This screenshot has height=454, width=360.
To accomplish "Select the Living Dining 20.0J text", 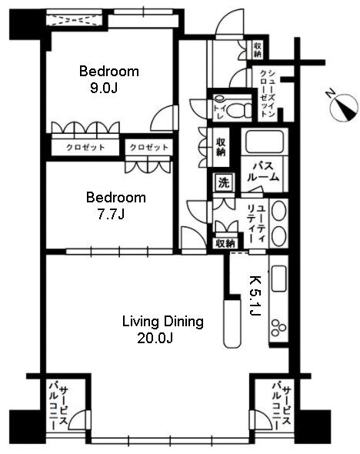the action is (163, 329).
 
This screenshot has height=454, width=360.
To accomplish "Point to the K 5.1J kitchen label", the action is (255, 295).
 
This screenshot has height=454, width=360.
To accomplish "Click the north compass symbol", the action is (344, 108).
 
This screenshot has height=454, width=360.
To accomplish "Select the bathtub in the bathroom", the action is (264, 142).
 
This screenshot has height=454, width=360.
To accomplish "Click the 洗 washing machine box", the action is (223, 182).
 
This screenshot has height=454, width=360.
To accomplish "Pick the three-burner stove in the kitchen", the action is (279, 328).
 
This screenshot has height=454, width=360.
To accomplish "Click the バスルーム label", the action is (263, 172).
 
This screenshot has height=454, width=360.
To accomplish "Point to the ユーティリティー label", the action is (256, 224).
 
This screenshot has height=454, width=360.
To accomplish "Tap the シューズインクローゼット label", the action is (267, 93).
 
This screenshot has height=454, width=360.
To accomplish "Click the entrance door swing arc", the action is (230, 22).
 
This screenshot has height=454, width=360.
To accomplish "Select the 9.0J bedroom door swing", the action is (163, 117).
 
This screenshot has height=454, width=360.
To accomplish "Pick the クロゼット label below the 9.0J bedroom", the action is (85, 148).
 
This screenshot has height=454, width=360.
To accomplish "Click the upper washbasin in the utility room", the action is (279, 212).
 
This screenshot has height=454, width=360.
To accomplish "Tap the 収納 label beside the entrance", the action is (257, 49).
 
